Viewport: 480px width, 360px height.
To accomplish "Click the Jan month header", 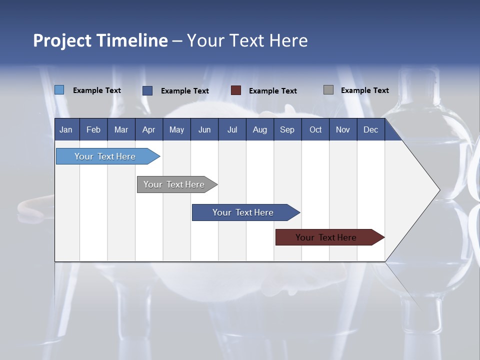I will pos(66,129).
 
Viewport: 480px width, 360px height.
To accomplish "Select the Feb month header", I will pos(93,129).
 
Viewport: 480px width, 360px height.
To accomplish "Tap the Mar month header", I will pos(121,129).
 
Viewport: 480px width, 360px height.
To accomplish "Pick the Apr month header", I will pos(148,129).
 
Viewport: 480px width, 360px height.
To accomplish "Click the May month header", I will pos(176,129).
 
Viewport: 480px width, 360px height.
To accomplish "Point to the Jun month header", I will pos(204,129).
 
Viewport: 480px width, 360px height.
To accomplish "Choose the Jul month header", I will pos(232,129).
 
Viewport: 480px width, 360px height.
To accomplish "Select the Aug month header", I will pos(260,129).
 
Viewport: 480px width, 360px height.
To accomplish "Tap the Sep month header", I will pos(287,129).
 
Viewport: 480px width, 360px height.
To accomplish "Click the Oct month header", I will pos(315,129).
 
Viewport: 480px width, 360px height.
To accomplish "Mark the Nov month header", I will pos(343,129).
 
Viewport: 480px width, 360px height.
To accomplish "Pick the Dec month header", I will pos(371,129).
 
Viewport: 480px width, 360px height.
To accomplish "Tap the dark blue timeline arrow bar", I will pos(243,212).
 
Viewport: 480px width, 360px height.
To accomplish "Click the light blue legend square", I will pos(59,90).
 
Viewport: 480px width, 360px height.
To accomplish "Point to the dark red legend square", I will pos(236,90).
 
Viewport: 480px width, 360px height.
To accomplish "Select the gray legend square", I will pos(328,90).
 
